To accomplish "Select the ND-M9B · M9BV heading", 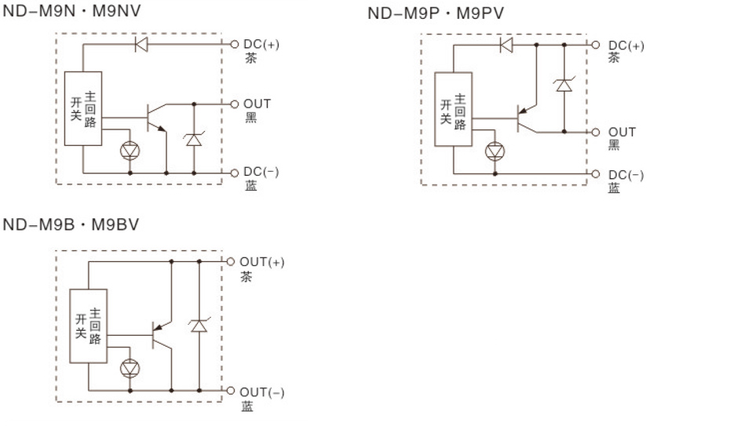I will point(71,225).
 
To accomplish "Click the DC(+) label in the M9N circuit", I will point(260,44).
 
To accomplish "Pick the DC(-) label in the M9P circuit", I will point(626,173).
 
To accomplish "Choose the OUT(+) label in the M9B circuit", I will point(261,261).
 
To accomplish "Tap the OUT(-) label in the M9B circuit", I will point(261,391).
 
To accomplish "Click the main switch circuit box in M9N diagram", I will point(83,109).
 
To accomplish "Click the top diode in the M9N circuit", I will point(141,44).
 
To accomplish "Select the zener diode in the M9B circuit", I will point(199,325).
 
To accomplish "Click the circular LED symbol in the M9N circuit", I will point(130,149).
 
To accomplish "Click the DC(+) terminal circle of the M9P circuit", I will point(595,45).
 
